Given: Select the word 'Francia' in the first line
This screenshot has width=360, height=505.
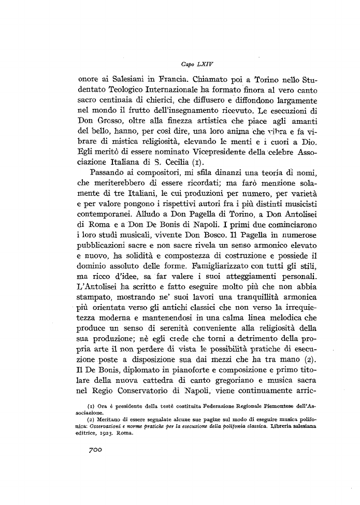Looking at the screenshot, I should [x=165, y=81].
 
